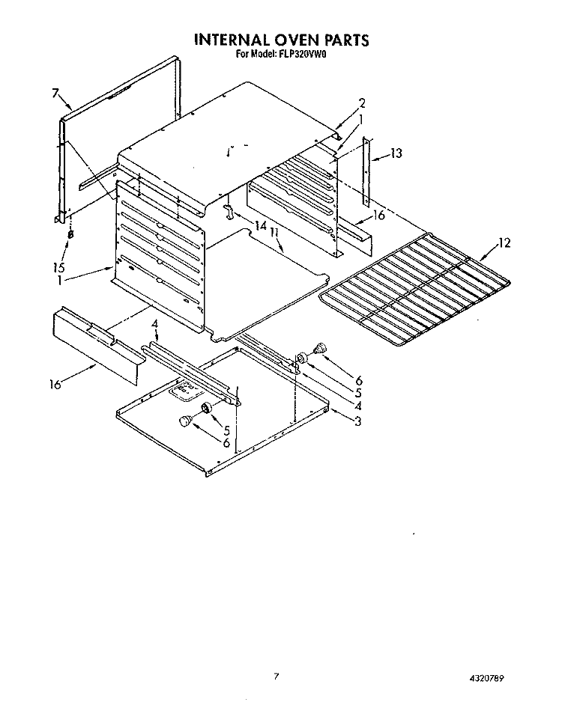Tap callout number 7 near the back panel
pyautogui.click(x=55, y=93)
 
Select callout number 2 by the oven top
pyautogui.click(x=362, y=103)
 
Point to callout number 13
pyautogui.click(x=396, y=153)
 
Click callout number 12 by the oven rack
pyautogui.click(x=504, y=243)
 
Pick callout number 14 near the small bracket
pyautogui.click(x=261, y=225)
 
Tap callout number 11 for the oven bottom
pyautogui.click(x=274, y=233)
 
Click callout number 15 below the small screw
pyautogui.click(x=58, y=267)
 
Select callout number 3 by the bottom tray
pyautogui.click(x=357, y=421)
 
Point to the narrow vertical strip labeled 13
pyautogui.click(x=366, y=171)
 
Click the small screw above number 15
pyautogui.click(x=70, y=234)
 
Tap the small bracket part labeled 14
pyautogui.click(x=229, y=211)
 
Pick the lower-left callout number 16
pyautogui.click(x=55, y=385)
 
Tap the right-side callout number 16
pyautogui.click(x=379, y=216)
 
